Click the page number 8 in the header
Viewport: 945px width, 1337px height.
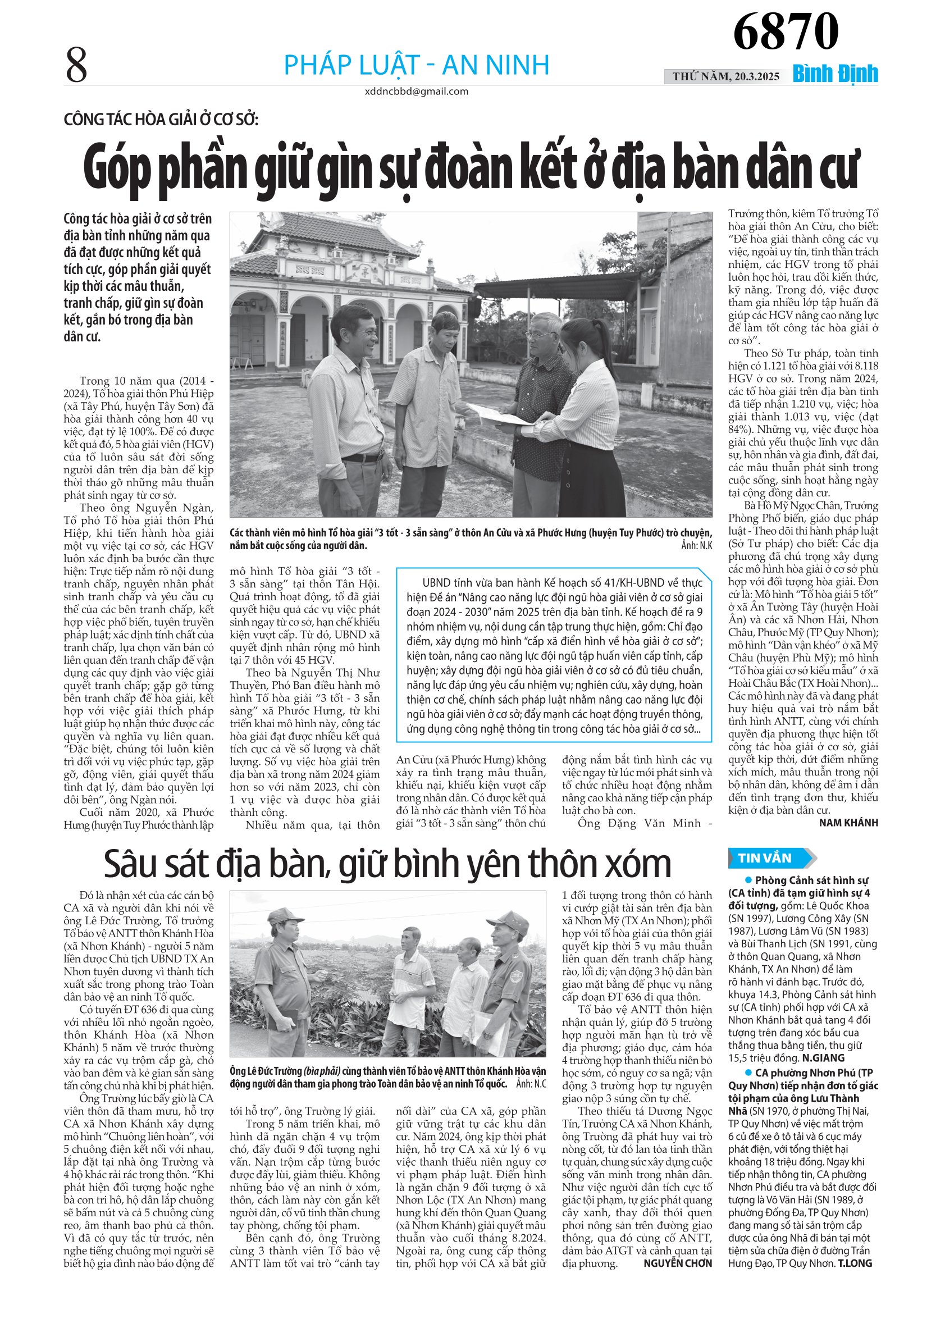[76, 65]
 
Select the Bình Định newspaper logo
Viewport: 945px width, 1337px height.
[835, 75]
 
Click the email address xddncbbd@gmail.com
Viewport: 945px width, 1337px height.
[416, 92]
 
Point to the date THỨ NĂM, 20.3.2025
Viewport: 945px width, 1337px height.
[725, 76]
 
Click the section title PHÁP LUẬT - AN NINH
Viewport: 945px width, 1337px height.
[416, 65]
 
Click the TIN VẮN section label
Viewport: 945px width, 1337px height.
[765, 858]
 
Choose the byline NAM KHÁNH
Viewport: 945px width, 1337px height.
[848, 823]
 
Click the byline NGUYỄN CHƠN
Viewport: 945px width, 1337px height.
[677, 1263]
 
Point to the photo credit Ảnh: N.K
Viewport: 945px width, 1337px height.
[696, 546]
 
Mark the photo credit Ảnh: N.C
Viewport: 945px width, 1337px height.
[531, 1084]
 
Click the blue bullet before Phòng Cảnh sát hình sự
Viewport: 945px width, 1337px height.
[749, 880]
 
